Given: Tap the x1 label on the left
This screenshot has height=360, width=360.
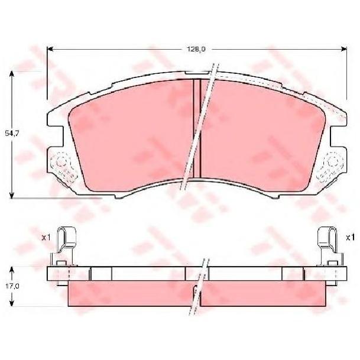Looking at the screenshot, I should (45, 237).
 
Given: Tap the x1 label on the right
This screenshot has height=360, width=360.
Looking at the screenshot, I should (349, 237).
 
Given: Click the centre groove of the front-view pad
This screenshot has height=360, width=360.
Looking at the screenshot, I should (197, 127).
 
